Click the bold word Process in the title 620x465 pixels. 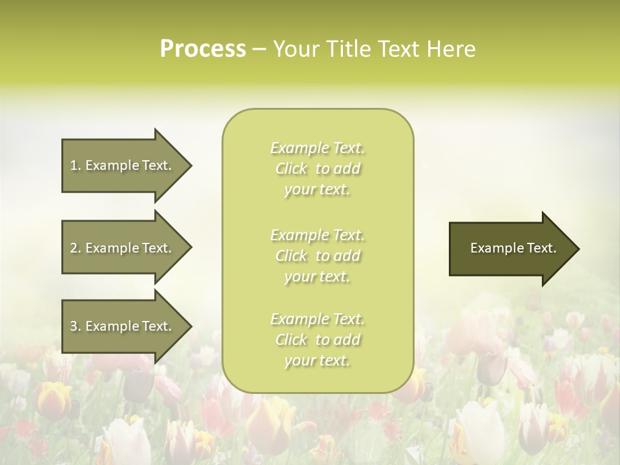pos(203,49)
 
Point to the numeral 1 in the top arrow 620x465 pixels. pos(74,165)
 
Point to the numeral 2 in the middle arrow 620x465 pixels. pos(74,248)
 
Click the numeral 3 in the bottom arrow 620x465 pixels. pos(74,327)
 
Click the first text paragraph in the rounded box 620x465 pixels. pos(318,169)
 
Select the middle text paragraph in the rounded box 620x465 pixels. pos(318,256)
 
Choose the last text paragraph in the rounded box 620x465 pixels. pos(318,340)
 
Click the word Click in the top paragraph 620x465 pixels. pos(291,169)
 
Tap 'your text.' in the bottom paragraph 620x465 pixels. pos(317,361)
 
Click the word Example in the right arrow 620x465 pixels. pos(490,248)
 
